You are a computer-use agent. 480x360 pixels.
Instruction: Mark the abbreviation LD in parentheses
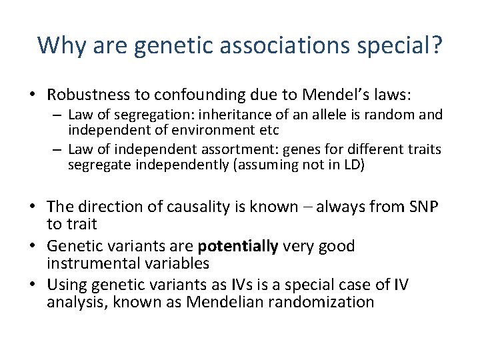349,165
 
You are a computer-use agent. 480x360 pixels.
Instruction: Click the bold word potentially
239,247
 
